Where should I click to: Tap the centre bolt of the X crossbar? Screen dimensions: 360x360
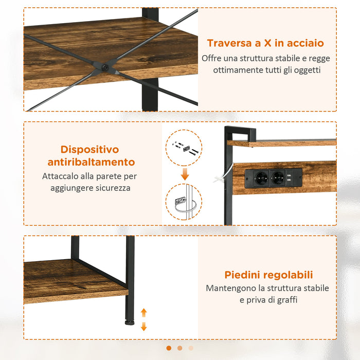pos(105,67)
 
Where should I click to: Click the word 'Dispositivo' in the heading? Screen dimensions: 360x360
pos(89,150)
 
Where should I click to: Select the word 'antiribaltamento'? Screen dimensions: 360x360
pos(91,163)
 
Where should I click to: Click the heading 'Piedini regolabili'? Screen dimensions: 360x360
pos(268,275)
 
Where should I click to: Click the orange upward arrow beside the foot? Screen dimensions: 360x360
pos(144,312)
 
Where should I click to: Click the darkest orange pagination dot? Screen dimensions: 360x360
pos(169,348)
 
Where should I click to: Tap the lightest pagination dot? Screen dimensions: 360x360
pos(191,348)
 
